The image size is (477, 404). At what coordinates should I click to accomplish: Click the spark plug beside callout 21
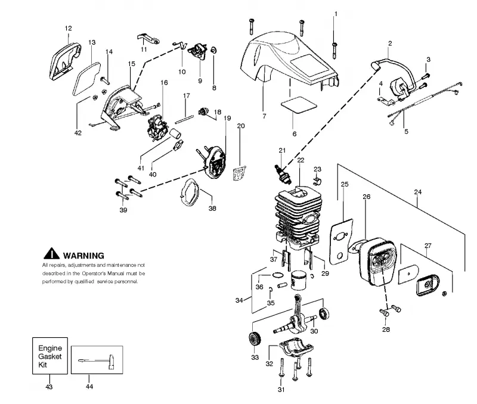[x=283, y=175]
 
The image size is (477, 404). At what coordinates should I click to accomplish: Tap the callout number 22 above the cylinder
[x=301, y=160]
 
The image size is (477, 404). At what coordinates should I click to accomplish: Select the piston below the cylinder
[x=299, y=280]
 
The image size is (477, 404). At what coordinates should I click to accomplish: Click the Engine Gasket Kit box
[x=50, y=356]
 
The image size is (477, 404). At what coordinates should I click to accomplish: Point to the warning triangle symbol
[x=51, y=254]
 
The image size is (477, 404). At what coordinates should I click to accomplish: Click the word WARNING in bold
[x=83, y=256]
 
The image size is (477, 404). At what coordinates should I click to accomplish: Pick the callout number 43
[x=49, y=387]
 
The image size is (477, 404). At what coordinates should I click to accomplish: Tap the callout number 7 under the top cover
[x=264, y=116]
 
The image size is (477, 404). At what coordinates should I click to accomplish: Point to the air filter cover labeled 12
[x=65, y=62]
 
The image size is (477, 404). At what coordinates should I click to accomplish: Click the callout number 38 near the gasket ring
[x=212, y=208]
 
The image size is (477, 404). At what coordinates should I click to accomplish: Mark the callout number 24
[x=418, y=192]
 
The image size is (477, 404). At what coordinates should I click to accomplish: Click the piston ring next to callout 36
[x=277, y=275]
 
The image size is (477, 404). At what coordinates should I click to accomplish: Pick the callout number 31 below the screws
[x=281, y=390]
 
